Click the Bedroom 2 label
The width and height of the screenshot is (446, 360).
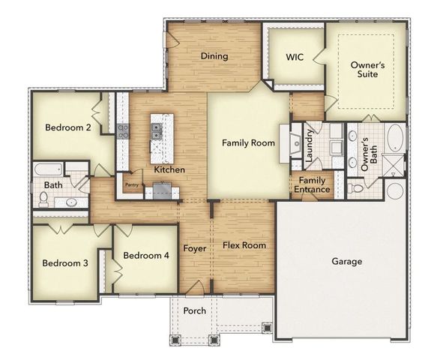point(68,127)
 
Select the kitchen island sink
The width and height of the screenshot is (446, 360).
point(156,131)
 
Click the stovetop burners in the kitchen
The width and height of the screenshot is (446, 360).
point(124,132)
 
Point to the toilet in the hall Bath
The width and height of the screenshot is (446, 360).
point(44,199)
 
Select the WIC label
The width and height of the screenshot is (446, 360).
point(295,57)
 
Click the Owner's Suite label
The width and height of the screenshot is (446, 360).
point(368,70)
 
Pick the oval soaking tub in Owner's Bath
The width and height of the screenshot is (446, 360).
point(394,139)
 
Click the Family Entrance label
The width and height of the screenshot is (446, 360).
point(312,184)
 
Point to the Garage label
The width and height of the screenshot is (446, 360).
point(346,262)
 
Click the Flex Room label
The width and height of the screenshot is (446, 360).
point(244,245)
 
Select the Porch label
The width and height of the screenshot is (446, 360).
point(195,310)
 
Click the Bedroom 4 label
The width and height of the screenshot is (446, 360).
point(146,256)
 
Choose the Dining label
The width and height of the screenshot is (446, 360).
point(214,56)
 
